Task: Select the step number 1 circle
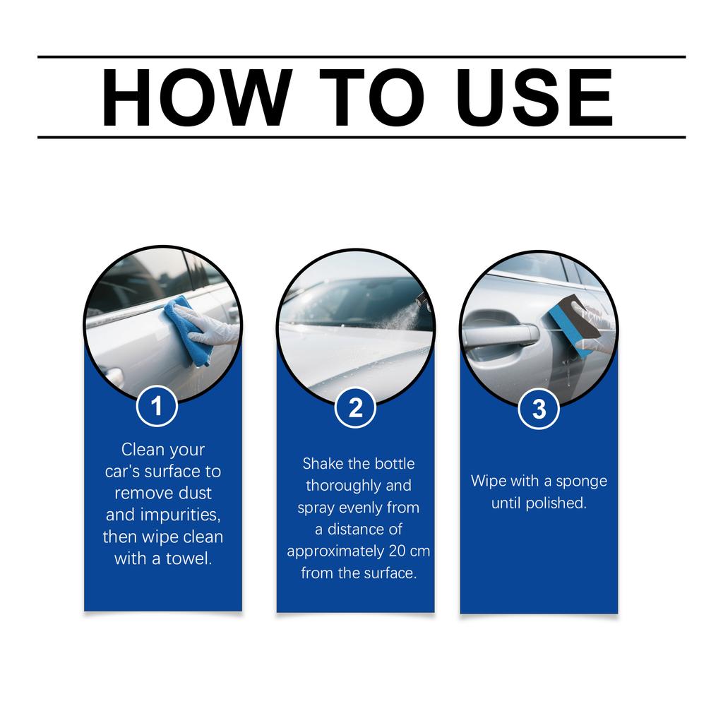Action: click(157, 407)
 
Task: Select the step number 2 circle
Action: click(355, 408)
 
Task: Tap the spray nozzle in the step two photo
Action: click(422, 298)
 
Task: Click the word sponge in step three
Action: click(582, 482)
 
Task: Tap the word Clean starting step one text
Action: click(143, 449)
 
